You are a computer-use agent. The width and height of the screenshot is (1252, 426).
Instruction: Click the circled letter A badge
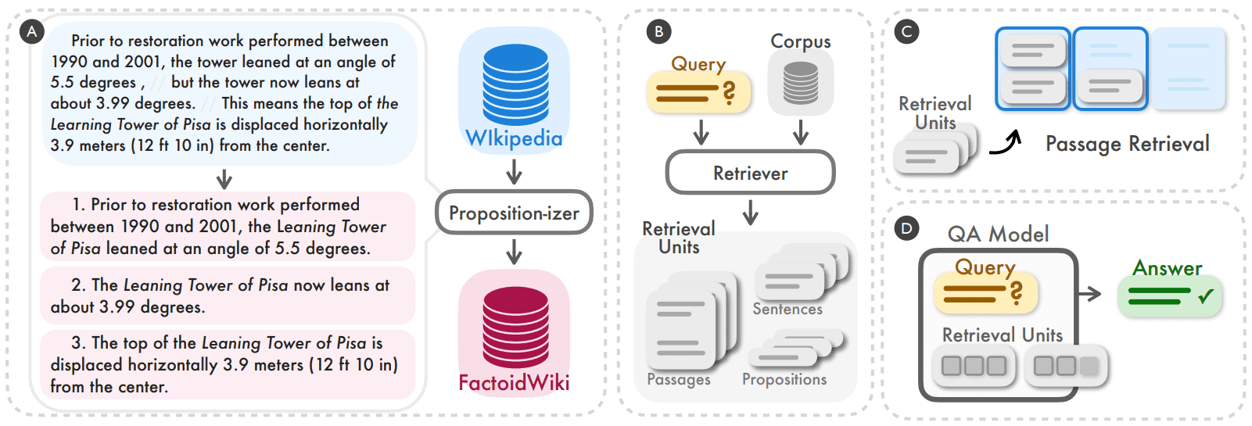click(32, 32)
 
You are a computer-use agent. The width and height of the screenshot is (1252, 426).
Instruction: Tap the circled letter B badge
click(658, 32)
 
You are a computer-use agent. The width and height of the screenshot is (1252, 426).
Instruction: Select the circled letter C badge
click(906, 32)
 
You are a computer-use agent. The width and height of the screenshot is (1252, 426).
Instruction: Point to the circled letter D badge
click(906, 228)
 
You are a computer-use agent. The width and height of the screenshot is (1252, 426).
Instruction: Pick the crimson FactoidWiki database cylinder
click(515, 327)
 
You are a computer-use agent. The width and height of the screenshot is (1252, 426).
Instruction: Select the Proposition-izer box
click(514, 213)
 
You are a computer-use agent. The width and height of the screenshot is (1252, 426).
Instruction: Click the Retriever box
click(750, 173)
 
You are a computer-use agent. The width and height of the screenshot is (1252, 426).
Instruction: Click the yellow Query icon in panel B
click(698, 93)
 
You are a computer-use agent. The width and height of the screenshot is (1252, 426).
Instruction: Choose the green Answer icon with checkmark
click(1169, 296)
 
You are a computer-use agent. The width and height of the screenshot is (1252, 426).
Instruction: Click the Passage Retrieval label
click(1127, 144)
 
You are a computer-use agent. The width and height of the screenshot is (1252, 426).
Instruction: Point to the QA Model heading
click(998, 234)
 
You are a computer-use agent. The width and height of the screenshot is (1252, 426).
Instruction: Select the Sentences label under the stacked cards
click(787, 310)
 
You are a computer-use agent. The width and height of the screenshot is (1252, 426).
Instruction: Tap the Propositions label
click(784, 380)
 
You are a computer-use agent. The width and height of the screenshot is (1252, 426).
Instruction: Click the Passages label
click(679, 380)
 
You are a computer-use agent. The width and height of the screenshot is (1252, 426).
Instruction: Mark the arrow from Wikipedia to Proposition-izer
click(514, 171)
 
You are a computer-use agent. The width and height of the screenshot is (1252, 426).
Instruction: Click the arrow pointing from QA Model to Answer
click(1089, 294)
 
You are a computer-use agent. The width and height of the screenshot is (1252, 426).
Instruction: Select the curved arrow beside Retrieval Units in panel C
click(1006, 143)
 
